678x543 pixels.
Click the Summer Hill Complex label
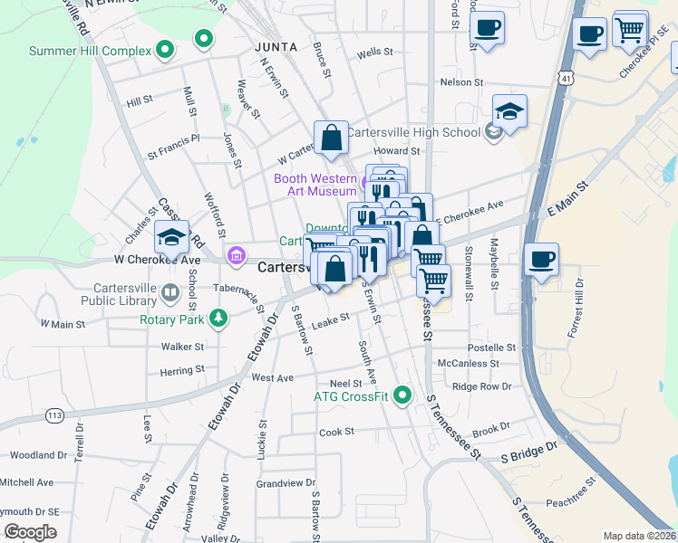coord(90,51)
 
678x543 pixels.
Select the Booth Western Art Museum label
coord(315,185)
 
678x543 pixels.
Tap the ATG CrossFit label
coord(352,396)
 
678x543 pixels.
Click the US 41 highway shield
coord(565,80)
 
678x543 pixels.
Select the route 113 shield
coord(53,415)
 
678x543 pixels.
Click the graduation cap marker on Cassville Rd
coord(171,237)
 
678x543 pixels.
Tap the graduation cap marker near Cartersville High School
coord(510,112)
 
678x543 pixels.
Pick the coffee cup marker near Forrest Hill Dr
coord(542,260)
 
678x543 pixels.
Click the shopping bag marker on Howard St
coord(332,138)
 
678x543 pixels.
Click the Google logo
coord(30,532)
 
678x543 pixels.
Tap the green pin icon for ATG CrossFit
coord(403,395)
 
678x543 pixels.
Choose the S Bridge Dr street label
coord(529,453)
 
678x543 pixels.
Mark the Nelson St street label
coord(460,82)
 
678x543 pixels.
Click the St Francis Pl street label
coord(173,140)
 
